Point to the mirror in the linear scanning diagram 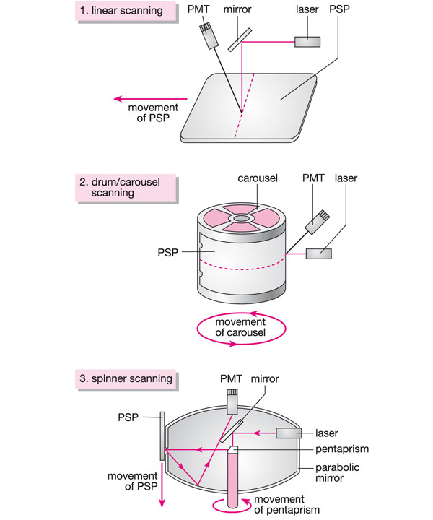click(239, 40)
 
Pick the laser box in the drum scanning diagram click(318, 253)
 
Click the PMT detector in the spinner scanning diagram click(233, 402)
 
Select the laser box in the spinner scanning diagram click(289, 433)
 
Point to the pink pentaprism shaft click(235, 480)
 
